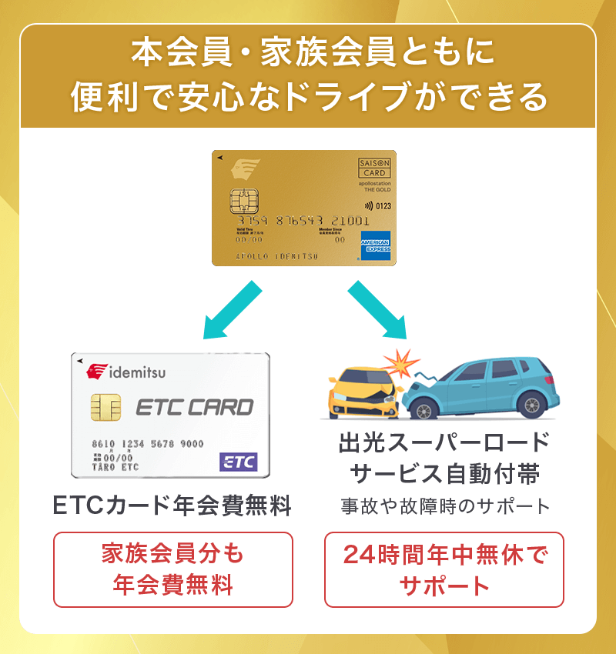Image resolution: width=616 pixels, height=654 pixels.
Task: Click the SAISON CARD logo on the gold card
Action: point(375,167)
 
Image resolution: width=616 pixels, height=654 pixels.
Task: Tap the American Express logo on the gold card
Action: point(376,244)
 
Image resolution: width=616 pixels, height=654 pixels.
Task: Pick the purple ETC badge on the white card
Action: point(239,462)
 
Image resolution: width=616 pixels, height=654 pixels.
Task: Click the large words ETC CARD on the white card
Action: point(194,407)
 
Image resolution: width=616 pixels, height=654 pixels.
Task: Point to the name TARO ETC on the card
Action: point(115,467)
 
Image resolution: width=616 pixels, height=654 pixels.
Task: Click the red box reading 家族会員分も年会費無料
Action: point(173,569)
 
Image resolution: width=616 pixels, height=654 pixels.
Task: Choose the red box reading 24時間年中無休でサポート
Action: point(444,569)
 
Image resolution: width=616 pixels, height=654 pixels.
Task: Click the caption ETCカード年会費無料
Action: point(172,506)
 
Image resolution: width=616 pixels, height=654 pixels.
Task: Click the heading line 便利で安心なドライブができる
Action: point(308,97)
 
